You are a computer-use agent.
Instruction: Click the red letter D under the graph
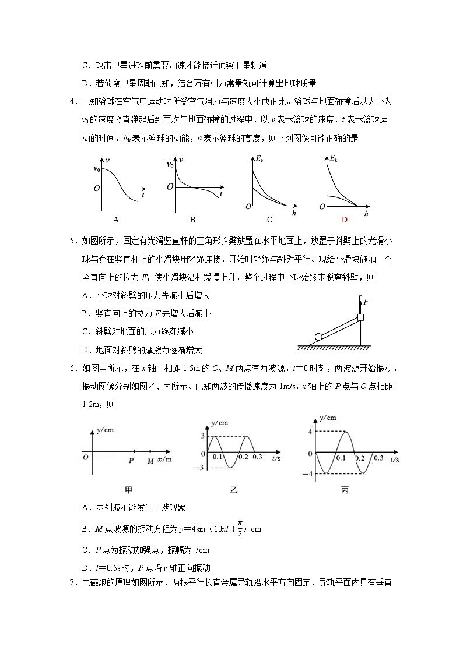344,220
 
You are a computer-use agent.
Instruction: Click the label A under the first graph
116,220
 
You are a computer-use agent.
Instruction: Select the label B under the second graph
192,220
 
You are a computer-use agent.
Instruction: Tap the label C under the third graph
269,220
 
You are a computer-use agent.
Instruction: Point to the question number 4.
72,102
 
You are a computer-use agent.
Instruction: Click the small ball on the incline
318,336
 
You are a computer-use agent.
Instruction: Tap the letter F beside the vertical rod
366,302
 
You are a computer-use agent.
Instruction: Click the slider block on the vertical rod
360,318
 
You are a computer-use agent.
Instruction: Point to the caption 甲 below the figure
129,490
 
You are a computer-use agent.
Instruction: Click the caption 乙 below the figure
234,490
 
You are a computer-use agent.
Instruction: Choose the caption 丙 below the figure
345,490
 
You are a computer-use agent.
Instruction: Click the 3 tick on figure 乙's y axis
203,436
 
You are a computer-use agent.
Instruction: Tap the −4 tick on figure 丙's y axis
310,474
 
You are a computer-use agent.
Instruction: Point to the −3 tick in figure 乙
201,468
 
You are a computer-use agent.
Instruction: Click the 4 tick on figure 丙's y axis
311,432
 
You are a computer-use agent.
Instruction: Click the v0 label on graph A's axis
97,169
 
